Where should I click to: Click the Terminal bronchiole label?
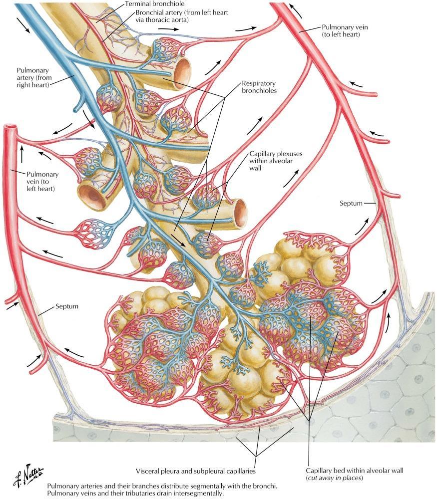154,4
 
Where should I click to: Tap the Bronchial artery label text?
182,16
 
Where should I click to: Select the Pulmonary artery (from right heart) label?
34,77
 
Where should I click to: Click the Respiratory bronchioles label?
259,87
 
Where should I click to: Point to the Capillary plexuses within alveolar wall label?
276,161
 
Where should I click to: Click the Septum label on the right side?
351,204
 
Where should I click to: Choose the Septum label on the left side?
67,306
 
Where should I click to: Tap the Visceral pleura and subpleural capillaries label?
196,471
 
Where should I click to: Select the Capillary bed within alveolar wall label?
355,474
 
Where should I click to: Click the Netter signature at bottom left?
28,475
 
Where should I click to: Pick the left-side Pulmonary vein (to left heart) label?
42,182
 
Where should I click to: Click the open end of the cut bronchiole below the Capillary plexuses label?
240,211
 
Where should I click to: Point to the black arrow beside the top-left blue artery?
23,25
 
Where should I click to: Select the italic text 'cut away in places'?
335,478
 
